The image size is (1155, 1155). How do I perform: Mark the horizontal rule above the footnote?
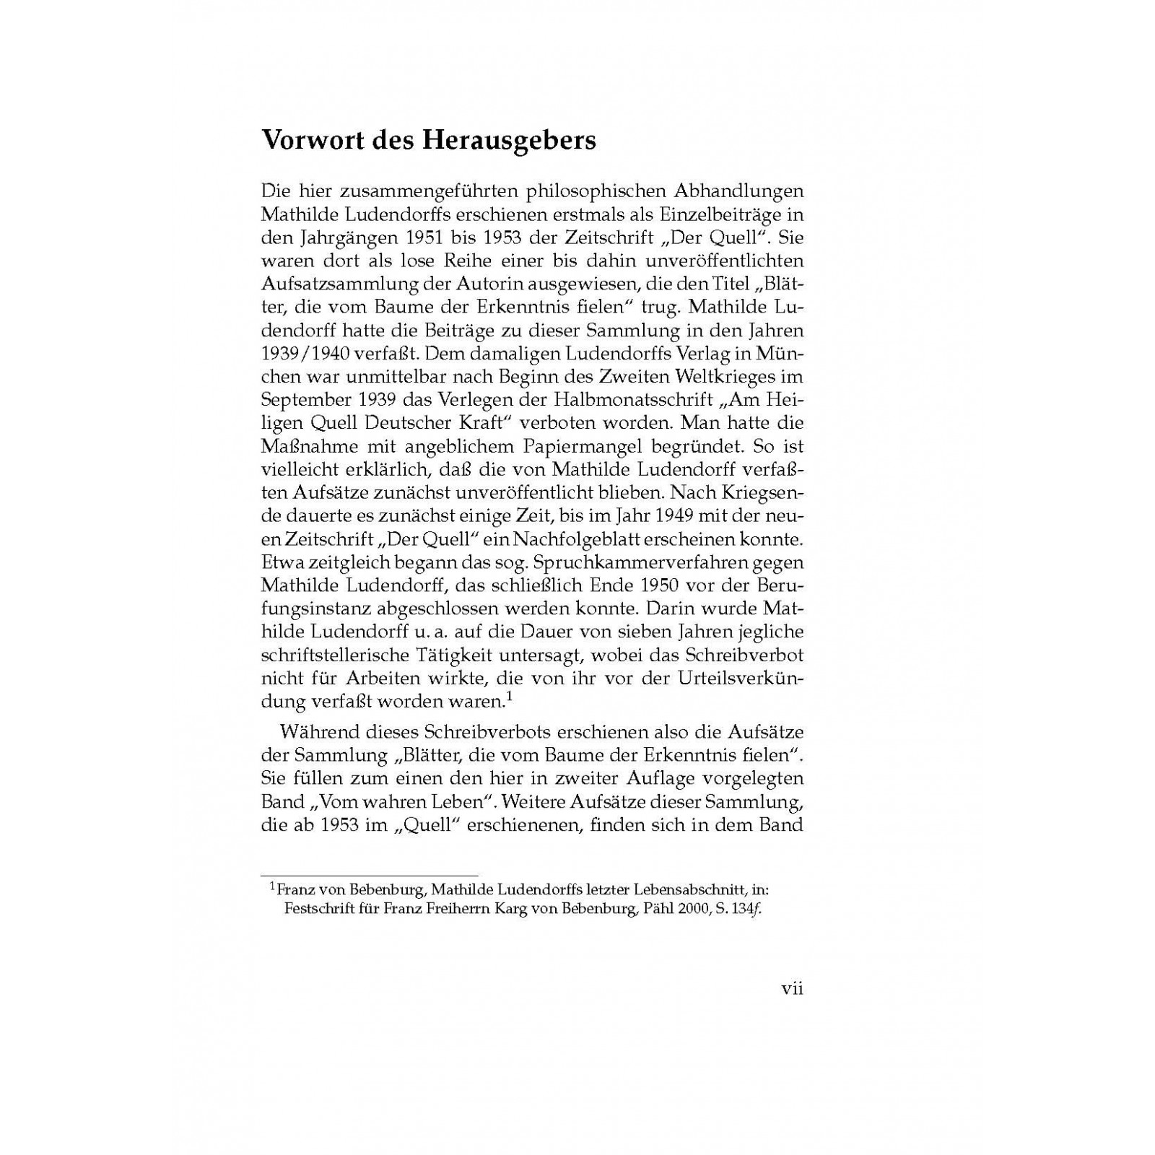tap(369, 876)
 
